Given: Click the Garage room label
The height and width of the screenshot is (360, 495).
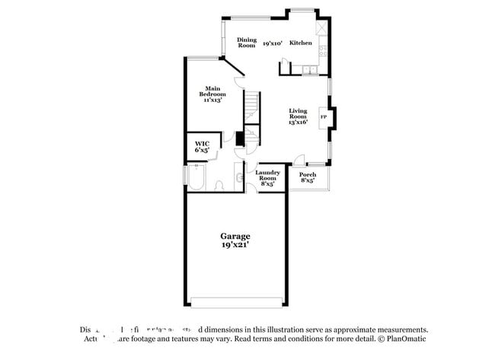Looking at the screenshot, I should (x=235, y=237).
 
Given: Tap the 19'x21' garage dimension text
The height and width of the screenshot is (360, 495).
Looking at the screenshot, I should (x=235, y=246).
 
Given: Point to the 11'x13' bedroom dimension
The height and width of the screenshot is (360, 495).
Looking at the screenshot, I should (x=212, y=100).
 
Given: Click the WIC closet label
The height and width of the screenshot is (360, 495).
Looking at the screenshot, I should (x=202, y=144).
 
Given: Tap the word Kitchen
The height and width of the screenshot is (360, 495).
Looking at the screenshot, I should (x=301, y=43).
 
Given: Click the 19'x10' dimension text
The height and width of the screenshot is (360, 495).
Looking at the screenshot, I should (x=273, y=44).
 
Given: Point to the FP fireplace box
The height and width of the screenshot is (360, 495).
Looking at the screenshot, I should (x=324, y=117).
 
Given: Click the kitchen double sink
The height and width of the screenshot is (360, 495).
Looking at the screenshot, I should (x=309, y=71).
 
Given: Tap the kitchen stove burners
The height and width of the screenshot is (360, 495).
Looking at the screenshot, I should (x=324, y=52).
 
